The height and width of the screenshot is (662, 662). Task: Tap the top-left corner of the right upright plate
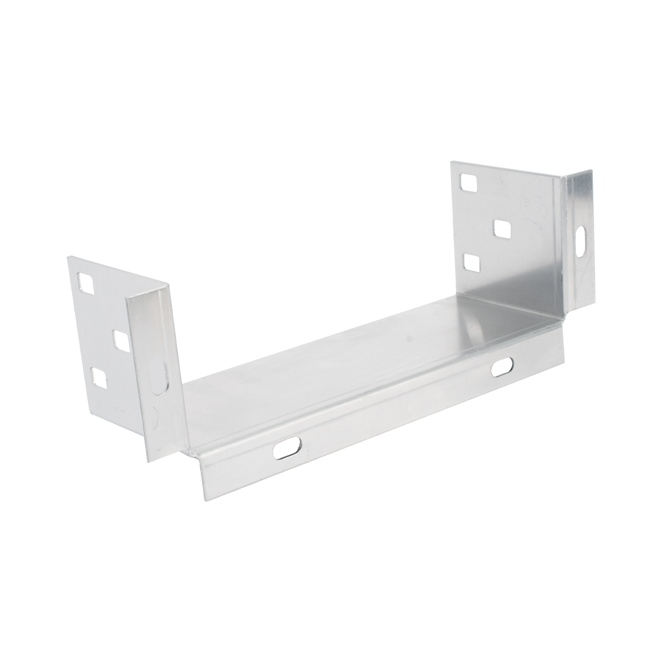click(451, 162)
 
